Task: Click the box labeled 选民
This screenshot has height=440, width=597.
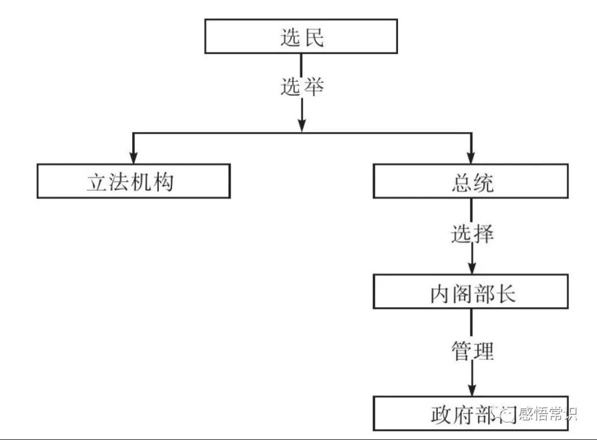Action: pos(301,36)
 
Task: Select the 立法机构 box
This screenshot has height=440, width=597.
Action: pos(133,181)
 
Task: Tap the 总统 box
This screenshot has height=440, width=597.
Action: pos(470,181)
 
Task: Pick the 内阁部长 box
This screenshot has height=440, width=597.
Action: pos(470,291)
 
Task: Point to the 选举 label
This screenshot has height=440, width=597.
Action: pos(301,87)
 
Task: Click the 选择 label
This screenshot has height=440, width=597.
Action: pos(472,234)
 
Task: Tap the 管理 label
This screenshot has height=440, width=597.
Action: pos(472,351)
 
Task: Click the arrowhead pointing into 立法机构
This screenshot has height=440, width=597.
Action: pos(133,157)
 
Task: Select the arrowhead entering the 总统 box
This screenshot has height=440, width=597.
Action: pos(471,157)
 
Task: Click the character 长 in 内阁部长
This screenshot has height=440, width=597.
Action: pos(505,293)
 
